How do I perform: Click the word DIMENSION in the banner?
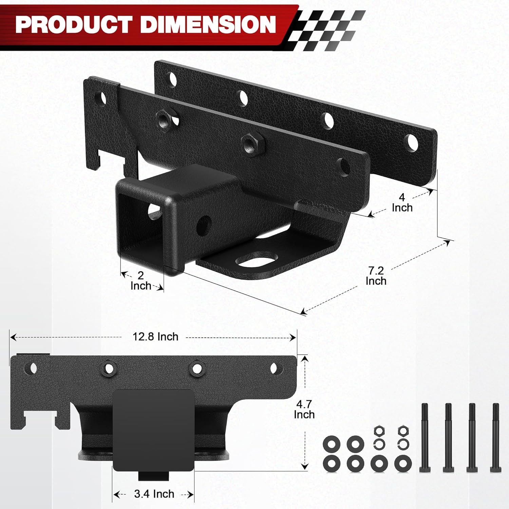click(x=208, y=25)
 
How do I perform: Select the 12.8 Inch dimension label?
click(x=155, y=337)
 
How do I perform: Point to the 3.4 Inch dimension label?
click(x=154, y=494)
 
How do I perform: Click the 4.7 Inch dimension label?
click(x=304, y=409)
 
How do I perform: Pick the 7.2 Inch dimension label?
click(x=376, y=276)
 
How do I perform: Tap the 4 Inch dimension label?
click(x=402, y=203)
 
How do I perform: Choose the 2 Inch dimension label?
click(x=140, y=280)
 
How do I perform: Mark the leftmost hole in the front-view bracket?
click(x=33, y=368)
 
